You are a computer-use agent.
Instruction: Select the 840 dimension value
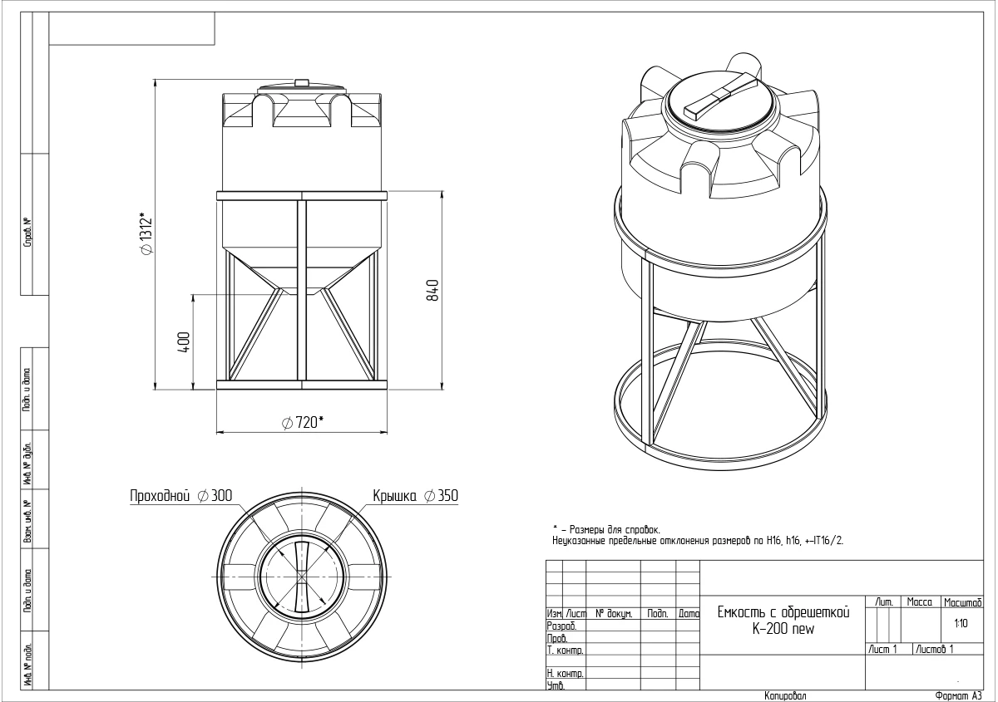coord(432,290)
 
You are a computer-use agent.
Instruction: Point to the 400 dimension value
coord(184,341)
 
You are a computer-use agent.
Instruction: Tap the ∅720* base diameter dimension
coord(303,423)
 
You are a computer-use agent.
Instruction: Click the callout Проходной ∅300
coord(180,496)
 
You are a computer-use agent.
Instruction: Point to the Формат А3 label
coord(959,695)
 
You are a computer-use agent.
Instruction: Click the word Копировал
coord(783,695)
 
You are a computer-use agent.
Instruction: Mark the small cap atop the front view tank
coord(302,81)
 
